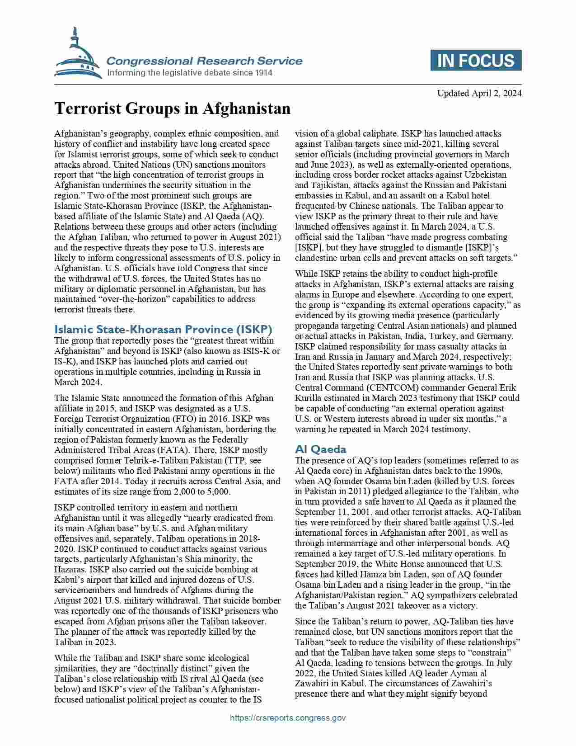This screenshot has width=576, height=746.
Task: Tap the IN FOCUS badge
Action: (x=476, y=61)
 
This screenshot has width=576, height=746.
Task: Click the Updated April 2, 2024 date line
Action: (x=479, y=94)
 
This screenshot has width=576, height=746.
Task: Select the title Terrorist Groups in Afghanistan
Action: (x=172, y=109)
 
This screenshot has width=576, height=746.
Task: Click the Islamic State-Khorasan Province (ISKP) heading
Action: (x=163, y=329)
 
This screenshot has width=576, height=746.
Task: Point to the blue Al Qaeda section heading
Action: (x=321, y=449)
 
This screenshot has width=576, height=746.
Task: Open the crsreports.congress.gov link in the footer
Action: (x=288, y=718)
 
